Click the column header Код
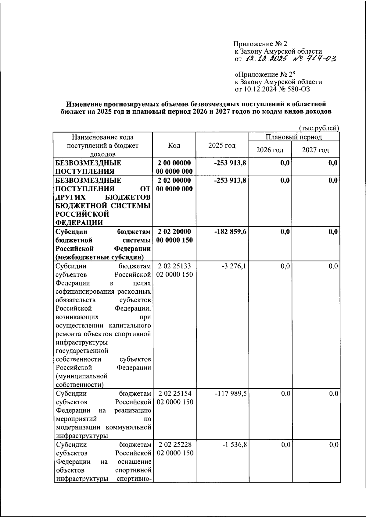(x=174, y=146)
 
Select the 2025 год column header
(x=222, y=146)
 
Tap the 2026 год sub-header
(x=269, y=150)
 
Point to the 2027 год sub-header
(x=315, y=150)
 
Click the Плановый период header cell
(x=293, y=137)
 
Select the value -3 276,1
(x=234, y=266)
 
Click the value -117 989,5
(x=231, y=394)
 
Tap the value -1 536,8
(x=234, y=445)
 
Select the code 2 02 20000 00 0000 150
(x=174, y=236)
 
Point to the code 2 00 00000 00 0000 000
(x=174, y=167)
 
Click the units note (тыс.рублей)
(x=319, y=128)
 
